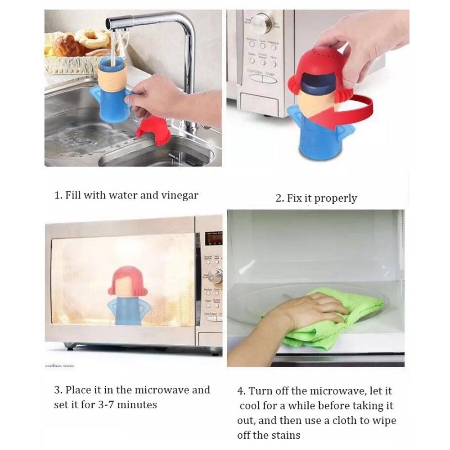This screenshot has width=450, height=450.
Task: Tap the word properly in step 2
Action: (x=336, y=198)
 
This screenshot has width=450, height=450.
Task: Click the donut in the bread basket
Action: (x=92, y=39)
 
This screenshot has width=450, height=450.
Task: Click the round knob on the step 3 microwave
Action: (x=215, y=274)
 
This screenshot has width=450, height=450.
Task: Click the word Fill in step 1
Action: (x=73, y=196)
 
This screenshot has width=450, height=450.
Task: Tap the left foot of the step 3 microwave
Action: (x=70, y=346)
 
